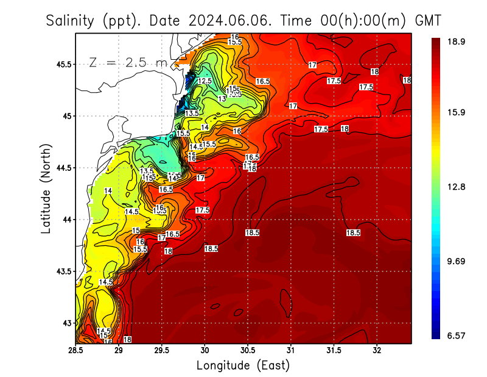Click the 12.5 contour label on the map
205,81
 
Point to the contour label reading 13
222,98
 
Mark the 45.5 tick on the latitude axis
63,64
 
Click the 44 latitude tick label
66,219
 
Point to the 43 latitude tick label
66,323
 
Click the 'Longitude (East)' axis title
243,365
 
